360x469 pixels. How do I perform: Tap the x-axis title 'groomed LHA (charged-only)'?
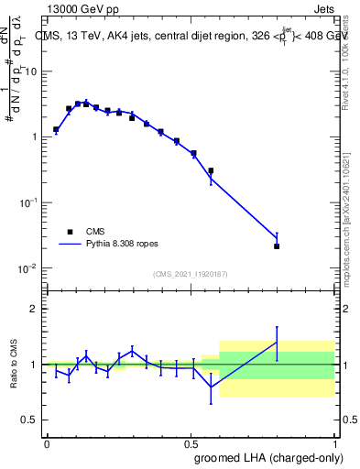[x=267, y=457]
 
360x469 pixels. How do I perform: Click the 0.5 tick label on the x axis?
[x=191, y=442]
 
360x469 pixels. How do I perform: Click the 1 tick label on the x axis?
[x=335, y=442]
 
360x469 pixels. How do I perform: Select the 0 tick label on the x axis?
[x=47, y=442]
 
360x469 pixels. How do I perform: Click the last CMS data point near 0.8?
[x=277, y=246]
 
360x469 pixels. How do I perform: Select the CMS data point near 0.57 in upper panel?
[x=211, y=170]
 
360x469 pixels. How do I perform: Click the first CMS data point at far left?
[x=56, y=130]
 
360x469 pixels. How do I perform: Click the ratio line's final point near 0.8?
[x=277, y=342]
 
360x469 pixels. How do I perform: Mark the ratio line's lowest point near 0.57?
[x=211, y=387]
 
